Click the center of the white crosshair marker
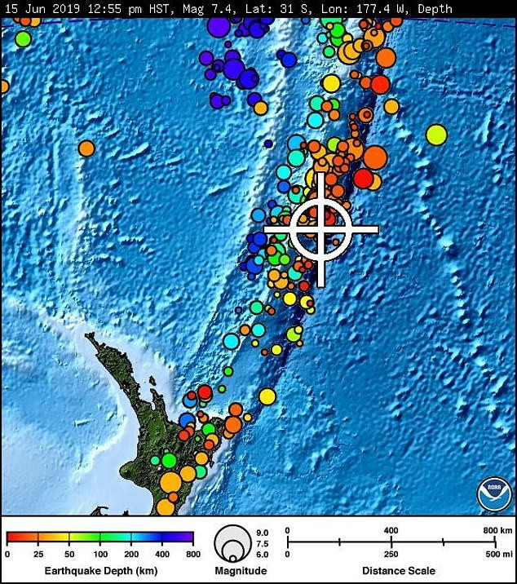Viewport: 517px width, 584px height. pyautogui.click(x=321, y=229)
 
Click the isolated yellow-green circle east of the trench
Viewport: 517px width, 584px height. pyautogui.click(x=436, y=135)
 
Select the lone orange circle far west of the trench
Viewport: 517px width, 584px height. pyautogui.click(x=86, y=148)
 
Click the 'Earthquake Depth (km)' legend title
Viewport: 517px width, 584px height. pyautogui.click(x=99, y=570)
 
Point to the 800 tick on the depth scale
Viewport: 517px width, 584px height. pyautogui.click(x=192, y=555)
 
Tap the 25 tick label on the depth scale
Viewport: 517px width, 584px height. pyautogui.click(x=38, y=555)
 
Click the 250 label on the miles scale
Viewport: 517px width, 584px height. pyautogui.click(x=391, y=554)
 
